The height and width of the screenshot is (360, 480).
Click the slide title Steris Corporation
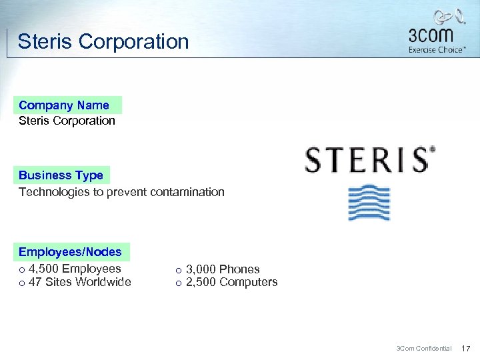(103, 41)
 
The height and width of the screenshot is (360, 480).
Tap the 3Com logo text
(430, 35)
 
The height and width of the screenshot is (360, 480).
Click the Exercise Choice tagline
(437, 50)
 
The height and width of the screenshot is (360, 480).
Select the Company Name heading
(64, 105)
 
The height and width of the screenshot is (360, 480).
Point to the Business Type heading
(61, 175)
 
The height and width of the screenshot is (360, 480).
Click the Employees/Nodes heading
(70, 252)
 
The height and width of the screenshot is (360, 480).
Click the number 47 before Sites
(35, 282)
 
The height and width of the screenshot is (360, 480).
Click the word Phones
(239, 269)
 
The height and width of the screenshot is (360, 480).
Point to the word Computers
(248, 282)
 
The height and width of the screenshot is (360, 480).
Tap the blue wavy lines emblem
(369, 203)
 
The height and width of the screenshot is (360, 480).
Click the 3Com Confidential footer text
(424, 348)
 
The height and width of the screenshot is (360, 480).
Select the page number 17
(466, 348)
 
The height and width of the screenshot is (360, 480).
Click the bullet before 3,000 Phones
(178, 271)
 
